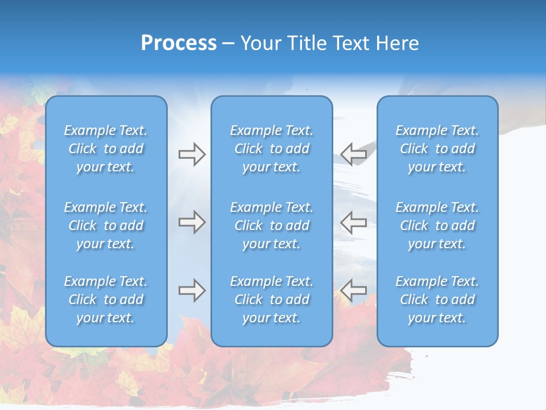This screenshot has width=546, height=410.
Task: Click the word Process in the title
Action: click(179, 43)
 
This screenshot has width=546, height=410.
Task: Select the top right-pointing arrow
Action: click(192, 154)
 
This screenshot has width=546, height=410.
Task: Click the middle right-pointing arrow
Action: click(192, 222)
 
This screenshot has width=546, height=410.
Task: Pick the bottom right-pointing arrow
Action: click(192, 290)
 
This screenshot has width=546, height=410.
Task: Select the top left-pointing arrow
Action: click(354, 154)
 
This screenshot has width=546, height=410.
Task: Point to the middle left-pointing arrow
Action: click(354, 222)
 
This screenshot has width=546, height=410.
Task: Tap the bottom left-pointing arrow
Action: click(354, 290)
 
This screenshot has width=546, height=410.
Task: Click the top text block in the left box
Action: click(106, 149)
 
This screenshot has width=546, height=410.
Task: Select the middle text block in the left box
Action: click(106, 225)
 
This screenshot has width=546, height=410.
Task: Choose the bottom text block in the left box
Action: click(106, 300)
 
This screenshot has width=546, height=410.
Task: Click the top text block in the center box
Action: click(272, 149)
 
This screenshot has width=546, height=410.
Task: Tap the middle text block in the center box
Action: click(272, 225)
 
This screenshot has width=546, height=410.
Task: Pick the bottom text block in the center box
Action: click(272, 300)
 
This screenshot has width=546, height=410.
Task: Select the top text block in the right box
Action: click(437, 149)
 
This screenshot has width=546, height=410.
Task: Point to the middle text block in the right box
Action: click(437, 225)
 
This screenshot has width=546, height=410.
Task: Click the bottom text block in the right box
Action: click(437, 300)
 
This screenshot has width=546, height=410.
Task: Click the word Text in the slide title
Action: click(351, 43)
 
